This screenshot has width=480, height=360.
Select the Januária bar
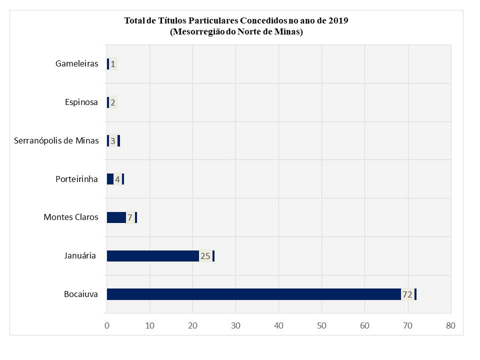point(152,256)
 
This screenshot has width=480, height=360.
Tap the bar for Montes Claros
point(116,217)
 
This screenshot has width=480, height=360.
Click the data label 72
point(407,294)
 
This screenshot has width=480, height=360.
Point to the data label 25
point(205,256)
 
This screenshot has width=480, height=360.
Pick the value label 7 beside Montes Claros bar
point(130,217)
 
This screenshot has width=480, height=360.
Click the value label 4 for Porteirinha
point(117,179)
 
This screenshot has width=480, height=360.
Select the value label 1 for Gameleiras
point(113,64)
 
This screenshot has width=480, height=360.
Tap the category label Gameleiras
point(76,64)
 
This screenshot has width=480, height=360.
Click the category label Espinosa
point(81,102)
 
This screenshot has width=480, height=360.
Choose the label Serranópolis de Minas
point(56,140)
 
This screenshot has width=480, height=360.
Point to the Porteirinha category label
point(76,179)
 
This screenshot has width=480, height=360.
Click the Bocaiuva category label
point(81,294)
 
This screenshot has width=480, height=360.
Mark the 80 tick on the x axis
point(450,326)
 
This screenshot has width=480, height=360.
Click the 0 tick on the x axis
point(107,326)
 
